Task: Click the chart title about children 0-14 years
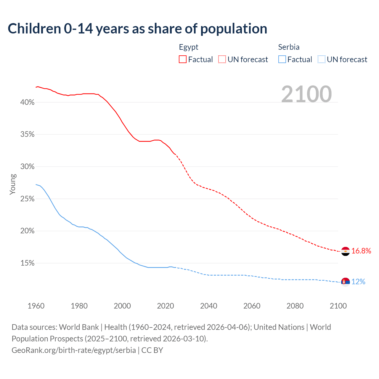137,29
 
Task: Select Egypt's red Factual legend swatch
183,59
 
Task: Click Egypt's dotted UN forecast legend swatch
222,59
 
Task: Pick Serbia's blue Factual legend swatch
282,59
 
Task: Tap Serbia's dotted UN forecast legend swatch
321,59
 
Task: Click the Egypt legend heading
189,47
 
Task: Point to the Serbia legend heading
289,47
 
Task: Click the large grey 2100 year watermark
306,94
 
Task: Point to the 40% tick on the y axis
27,102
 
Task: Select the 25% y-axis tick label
27,199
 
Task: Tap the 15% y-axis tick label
27,263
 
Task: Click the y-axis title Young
13,184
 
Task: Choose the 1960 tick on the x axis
36,306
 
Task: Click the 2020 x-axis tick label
166,306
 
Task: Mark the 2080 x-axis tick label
295,306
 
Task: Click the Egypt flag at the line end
345,251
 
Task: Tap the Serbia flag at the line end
345,282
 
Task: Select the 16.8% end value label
361,251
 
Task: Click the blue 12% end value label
358,282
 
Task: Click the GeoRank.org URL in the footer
74,350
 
